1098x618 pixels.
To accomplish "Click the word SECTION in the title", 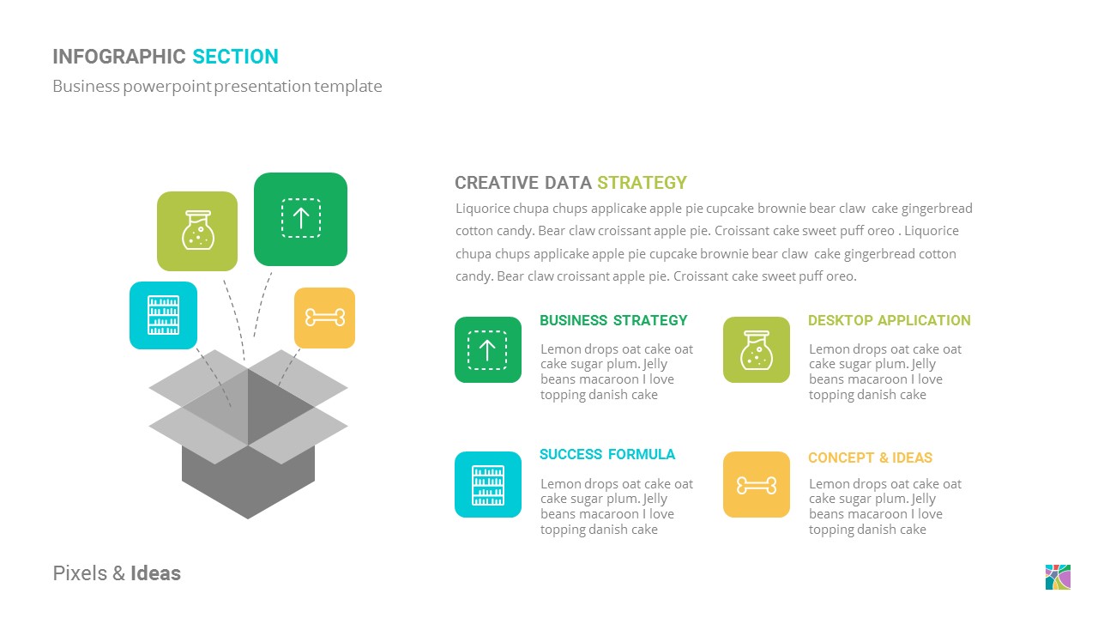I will [235, 57].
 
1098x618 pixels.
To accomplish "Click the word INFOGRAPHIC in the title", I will [119, 57].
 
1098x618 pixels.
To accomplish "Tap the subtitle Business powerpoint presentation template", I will [217, 86].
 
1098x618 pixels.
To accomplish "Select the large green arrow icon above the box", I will [300, 219].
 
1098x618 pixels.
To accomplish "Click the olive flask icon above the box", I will [197, 231].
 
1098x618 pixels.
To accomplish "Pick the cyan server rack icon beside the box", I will [163, 315].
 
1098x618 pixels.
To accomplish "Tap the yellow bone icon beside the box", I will [324, 318].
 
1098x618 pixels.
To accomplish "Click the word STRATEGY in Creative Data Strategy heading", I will [642, 182].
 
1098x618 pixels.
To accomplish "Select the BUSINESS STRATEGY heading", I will [613, 320].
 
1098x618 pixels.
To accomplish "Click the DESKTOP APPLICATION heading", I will [889, 320].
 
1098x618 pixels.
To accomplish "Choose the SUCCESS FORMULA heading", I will [606, 454].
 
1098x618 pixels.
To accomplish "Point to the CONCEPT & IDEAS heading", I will [870, 457].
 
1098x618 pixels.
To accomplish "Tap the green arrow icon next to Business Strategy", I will [487, 349].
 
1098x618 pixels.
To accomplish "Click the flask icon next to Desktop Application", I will [756, 349].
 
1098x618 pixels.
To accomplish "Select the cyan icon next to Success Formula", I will [487, 484].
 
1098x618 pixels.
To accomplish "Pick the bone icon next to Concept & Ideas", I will [756, 485].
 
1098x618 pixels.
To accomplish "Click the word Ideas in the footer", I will [155, 573].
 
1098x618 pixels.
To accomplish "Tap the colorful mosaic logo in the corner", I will [1058, 577].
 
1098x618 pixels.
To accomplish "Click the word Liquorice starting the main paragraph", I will [483, 209].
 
